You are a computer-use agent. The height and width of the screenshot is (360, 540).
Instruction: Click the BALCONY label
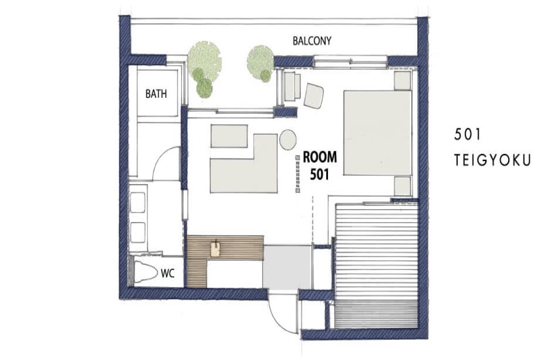(x=312, y=41)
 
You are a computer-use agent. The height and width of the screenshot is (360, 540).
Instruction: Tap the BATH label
(x=156, y=94)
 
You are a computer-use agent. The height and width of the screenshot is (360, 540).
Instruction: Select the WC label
(x=167, y=272)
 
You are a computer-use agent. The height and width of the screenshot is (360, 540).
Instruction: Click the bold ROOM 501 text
(x=319, y=166)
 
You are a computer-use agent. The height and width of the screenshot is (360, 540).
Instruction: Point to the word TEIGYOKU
(x=493, y=161)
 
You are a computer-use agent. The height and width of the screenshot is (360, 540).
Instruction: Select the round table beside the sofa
(x=287, y=139)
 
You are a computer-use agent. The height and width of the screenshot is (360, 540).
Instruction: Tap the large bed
(x=378, y=132)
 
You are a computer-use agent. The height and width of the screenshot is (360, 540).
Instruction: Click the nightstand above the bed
(x=403, y=81)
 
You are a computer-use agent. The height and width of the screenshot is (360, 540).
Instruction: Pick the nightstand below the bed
(x=403, y=186)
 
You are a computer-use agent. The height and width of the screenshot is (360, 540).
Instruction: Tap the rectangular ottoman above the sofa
(x=229, y=136)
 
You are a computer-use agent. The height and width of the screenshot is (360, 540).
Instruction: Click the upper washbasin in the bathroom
(x=138, y=202)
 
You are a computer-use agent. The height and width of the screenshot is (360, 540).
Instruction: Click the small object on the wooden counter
(x=216, y=249)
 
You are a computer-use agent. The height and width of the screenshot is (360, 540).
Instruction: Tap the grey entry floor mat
(x=287, y=267)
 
